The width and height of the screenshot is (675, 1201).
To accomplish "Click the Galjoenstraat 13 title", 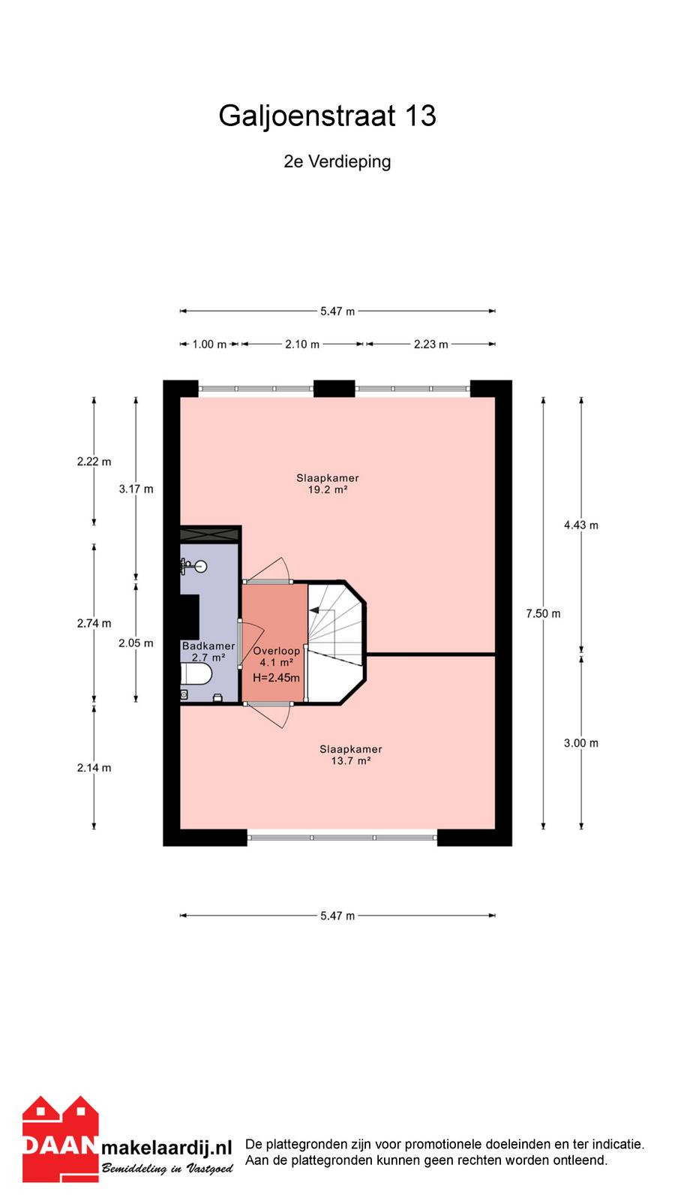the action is click(x=327, y=116).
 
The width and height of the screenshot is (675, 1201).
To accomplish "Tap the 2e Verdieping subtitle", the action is click(x=337, y=161).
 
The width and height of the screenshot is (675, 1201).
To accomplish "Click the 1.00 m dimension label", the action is click(x=209, y=345).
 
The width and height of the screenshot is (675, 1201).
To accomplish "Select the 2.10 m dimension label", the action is click(x=302, y=345).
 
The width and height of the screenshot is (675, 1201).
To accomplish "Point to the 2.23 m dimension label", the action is click(x=430, y=345).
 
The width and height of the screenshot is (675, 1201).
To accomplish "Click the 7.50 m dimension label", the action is click(x=543, y=613).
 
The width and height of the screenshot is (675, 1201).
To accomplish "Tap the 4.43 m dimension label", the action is click(x=581, y=525).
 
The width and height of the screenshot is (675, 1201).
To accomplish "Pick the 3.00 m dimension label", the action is click(x=581, y=743).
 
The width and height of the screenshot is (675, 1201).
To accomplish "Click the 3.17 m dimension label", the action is click(x=136, y=489).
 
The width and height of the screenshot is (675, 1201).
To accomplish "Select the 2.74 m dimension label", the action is click(x=94, y=623).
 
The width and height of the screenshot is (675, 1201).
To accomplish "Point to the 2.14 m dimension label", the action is click(x=94, y=768).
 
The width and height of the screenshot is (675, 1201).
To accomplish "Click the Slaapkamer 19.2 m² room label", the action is click(x=328, y=483).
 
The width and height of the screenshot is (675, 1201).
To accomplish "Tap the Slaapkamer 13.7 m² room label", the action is click(x=351, y=755).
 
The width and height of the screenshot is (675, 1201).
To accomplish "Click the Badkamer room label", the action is click(x=208, y=646).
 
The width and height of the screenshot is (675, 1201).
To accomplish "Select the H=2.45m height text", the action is click(x=277, y=678).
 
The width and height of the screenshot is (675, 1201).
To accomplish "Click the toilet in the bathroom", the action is click(x=196, y=674).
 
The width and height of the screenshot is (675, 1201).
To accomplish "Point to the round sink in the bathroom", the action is click(x=201, y=566).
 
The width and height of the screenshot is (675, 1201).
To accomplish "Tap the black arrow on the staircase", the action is click(x=314, y=610).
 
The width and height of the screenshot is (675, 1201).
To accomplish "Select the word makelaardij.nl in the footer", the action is click(x=166, y=1148).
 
